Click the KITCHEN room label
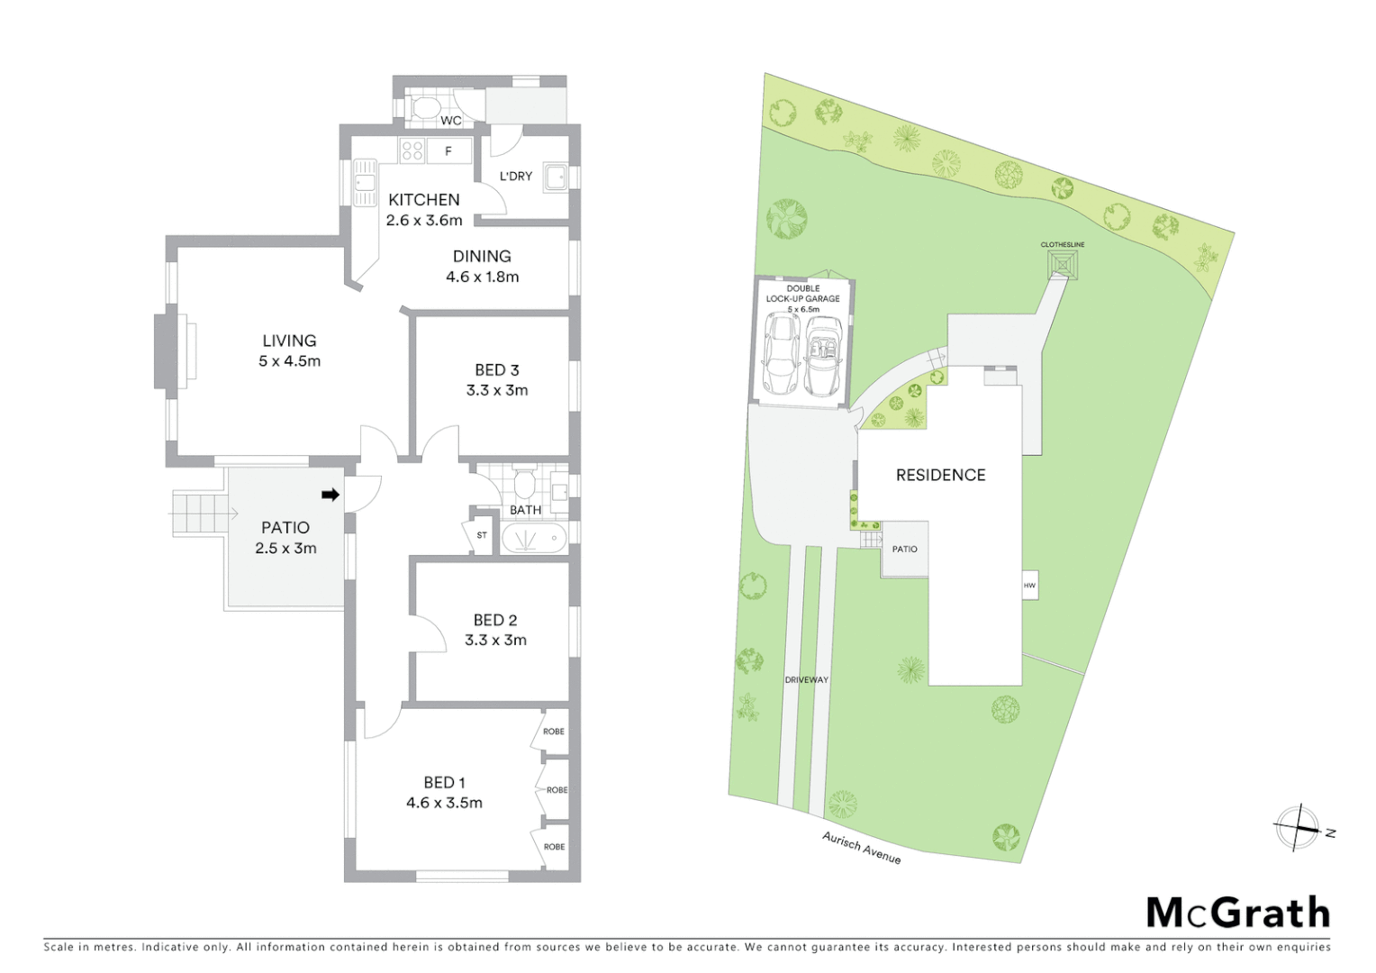(x=423, y=200)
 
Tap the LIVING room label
(x=289, y=341)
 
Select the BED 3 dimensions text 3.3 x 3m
(x=497, y=390)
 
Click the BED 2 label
(x=495, y=620)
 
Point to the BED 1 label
(x=444, y=783)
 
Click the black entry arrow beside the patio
(x=330, y=495)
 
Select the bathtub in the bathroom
(x=533, y=539)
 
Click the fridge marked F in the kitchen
(x=448, y=151)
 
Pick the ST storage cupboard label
(x=482, y=535)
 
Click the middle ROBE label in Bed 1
(x=557, y=790)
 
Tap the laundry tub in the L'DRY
(x=553, y=176)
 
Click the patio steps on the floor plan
(x=197, y=514)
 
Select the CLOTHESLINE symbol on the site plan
(x=1063, y=265)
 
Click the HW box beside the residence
(x=1029, y=586)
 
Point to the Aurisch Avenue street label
(x=861, y=848)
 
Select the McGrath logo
(x=1237, y=913)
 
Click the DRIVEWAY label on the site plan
(x=806, y=680)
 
